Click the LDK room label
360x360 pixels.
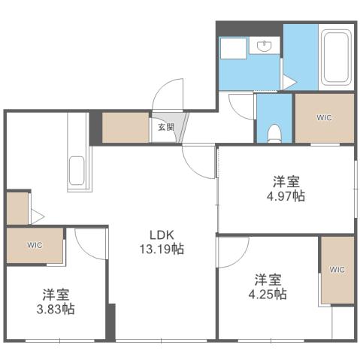161,234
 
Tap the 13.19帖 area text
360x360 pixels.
161,249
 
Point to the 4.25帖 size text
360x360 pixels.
270,294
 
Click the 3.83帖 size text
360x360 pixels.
57,309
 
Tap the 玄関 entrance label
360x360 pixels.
165,127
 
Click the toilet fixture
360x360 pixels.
274,132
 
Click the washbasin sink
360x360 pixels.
265,47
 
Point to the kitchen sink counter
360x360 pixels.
78,171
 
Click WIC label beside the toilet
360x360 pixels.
323,117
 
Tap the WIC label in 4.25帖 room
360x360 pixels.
337,269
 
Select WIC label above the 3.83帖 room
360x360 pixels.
35,245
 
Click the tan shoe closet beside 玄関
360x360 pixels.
126,128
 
